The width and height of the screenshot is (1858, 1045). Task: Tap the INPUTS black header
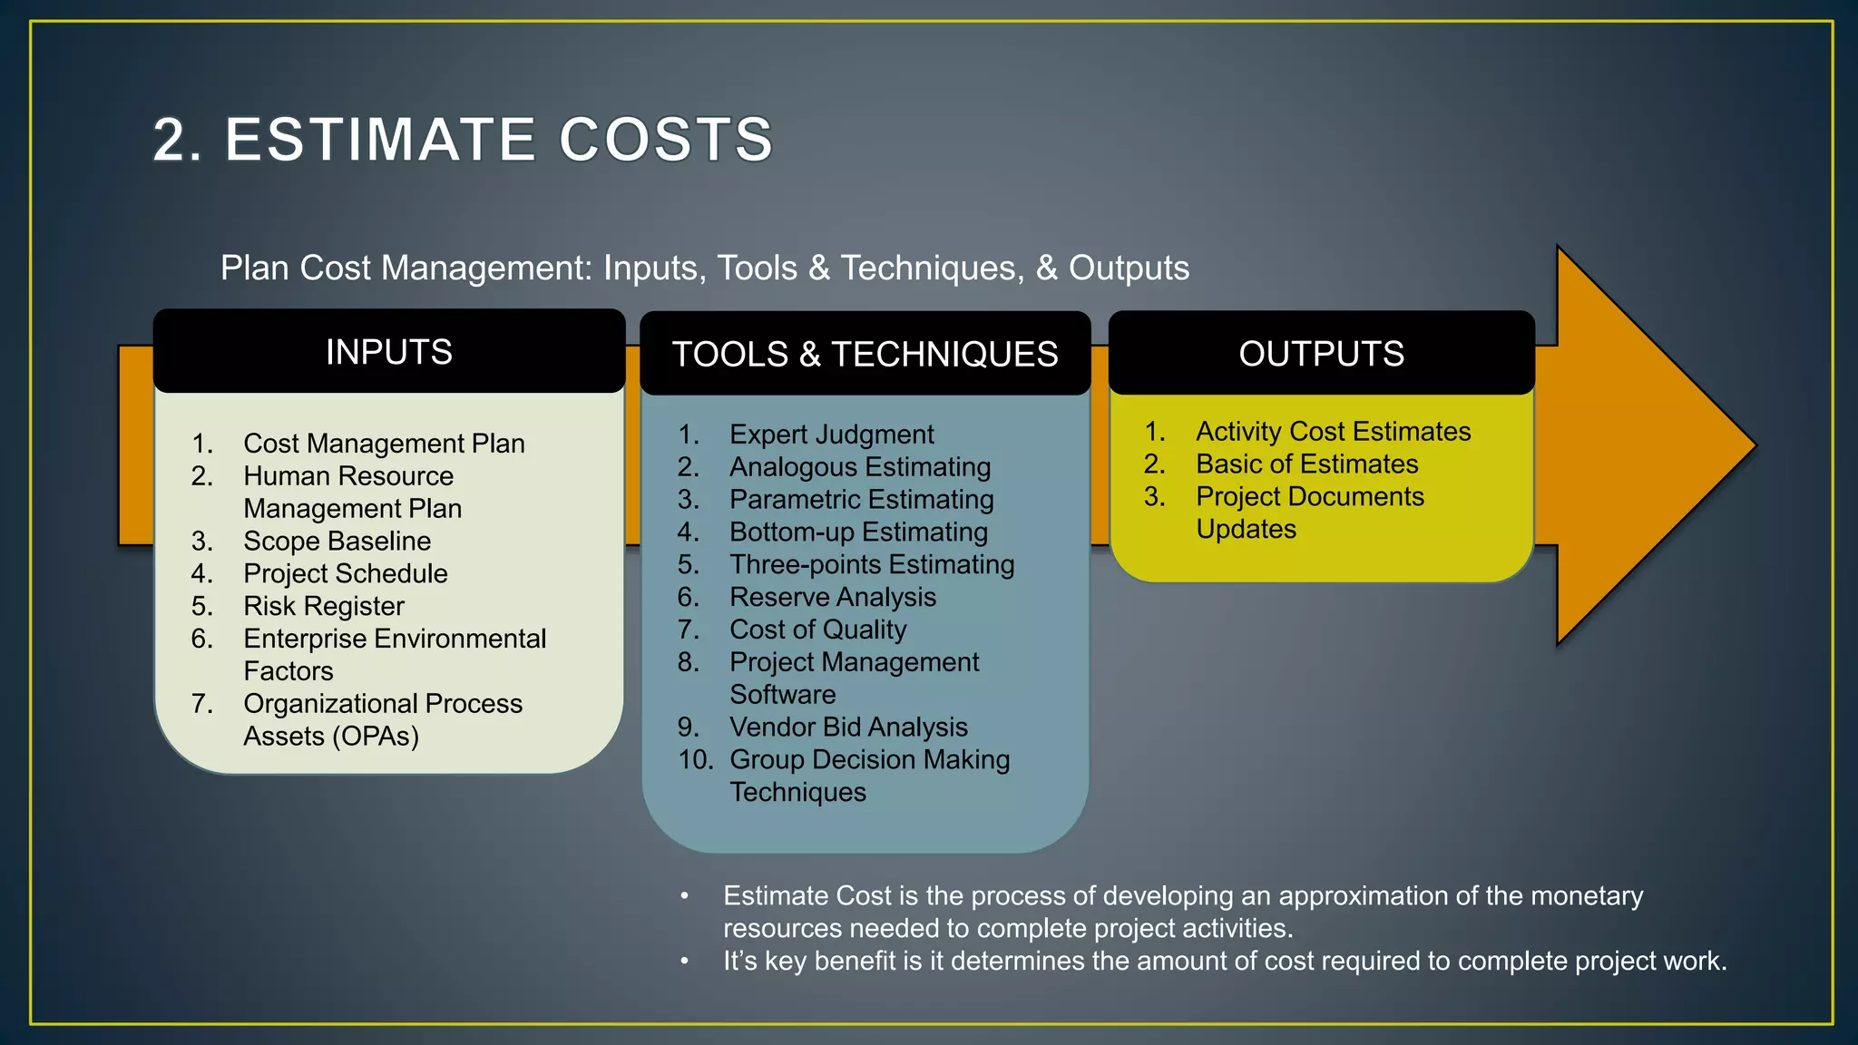[x=389, y=352]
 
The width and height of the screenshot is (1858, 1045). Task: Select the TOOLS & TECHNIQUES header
[x=865, y=354]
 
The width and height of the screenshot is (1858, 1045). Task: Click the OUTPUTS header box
[x=1321, y=354]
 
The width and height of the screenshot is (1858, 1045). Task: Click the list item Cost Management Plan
[x=384, y=444]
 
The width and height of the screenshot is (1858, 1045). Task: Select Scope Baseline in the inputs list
[x=337, y=542]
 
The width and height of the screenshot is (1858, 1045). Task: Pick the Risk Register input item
[x=324, y=606]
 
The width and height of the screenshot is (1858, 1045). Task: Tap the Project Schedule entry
[x=345, y=573]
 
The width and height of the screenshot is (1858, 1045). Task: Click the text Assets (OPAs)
[x=331, y=736]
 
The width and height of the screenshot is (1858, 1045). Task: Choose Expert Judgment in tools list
[x=831, y=435]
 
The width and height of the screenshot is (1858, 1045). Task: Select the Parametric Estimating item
[x=861, y=500]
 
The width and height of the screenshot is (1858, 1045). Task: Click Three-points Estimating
[x=872, y=565]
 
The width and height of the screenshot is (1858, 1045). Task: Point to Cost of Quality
[x=817, y=630]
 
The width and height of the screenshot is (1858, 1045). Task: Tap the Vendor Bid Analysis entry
[x=848, y=728]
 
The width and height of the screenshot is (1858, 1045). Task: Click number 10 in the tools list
[x=696, y=759]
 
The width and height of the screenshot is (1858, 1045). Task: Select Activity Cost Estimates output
[x=1333, y=432]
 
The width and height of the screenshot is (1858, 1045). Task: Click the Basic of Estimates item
[x=1306, y=464]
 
